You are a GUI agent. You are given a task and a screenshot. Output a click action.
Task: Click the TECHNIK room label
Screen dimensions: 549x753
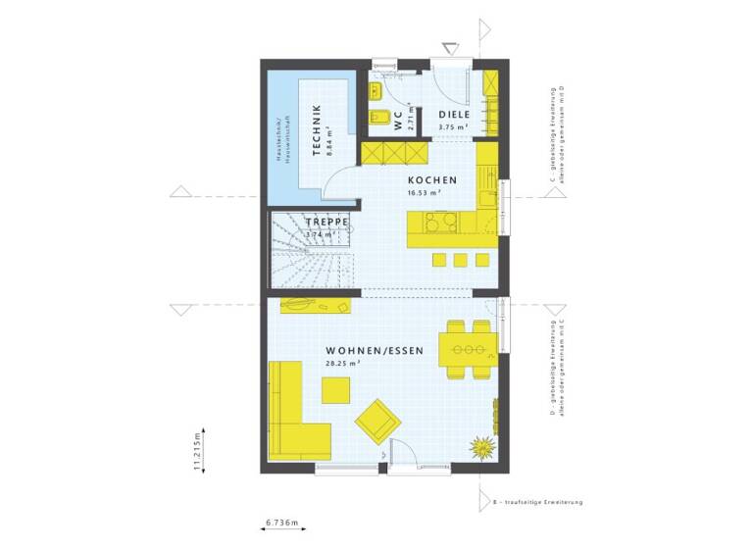317,130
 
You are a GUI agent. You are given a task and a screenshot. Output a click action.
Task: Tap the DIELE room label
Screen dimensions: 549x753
452,116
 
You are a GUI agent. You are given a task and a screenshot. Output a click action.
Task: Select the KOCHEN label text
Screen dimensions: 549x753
431,180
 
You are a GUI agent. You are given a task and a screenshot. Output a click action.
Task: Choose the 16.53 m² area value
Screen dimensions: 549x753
424,193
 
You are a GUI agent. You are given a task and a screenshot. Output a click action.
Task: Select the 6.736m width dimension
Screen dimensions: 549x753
281,524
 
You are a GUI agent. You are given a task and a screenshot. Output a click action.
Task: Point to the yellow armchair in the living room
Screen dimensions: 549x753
376,422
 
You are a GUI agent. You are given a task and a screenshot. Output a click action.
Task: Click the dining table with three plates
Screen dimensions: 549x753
470,348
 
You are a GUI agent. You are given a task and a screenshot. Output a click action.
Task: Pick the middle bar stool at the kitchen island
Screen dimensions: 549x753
460,259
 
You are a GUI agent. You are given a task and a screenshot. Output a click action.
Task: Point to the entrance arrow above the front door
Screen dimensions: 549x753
450,46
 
